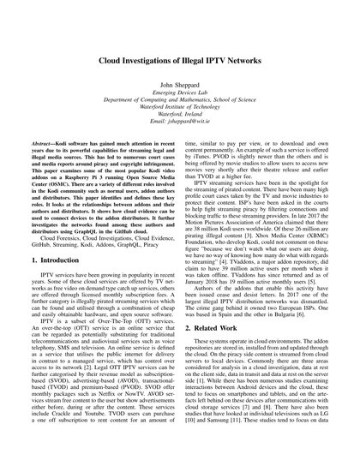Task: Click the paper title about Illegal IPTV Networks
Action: pos(180,63)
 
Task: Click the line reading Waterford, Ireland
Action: pos(180,129)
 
